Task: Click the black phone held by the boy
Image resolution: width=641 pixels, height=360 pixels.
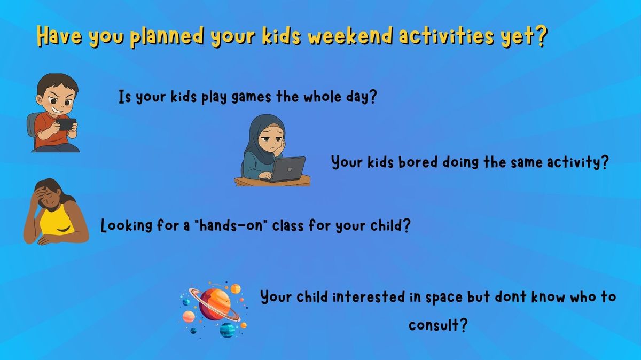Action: click(66, 124)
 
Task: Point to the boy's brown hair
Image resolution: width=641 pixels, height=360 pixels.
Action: click(57, 83)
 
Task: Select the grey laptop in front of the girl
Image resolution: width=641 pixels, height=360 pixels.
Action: click(287, 169)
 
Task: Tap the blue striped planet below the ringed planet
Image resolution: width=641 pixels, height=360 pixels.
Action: click(228, 330)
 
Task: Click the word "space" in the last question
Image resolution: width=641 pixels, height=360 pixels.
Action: click(444, 298)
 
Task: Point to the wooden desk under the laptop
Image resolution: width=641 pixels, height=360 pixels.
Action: click(272, 182)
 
